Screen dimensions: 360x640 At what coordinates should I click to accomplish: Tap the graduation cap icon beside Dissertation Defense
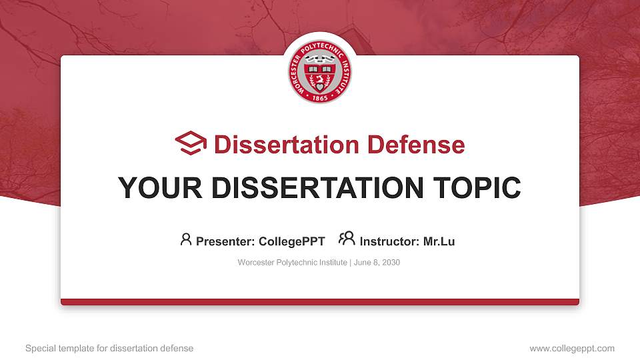coord(191,144)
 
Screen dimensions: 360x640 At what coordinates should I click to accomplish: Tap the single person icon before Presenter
coord(186,239)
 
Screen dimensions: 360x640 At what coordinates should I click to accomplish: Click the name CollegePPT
coord(293,241)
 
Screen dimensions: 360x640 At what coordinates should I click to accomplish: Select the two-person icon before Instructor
coord(347,239)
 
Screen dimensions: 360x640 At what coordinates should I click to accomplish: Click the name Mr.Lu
coord(439,241)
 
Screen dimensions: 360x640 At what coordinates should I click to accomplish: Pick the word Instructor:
coord(390,241)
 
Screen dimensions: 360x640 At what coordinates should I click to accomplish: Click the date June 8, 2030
coord(377,263)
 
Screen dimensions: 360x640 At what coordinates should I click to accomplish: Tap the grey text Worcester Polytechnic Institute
coord(292,263)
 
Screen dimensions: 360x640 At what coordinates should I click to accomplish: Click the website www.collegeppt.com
coord(571,348)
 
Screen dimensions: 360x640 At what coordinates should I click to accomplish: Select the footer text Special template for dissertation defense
coord(109,348)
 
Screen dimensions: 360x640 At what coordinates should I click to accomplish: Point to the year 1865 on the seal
coord(320,94)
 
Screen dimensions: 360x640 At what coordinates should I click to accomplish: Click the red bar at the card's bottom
coord(320,302)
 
